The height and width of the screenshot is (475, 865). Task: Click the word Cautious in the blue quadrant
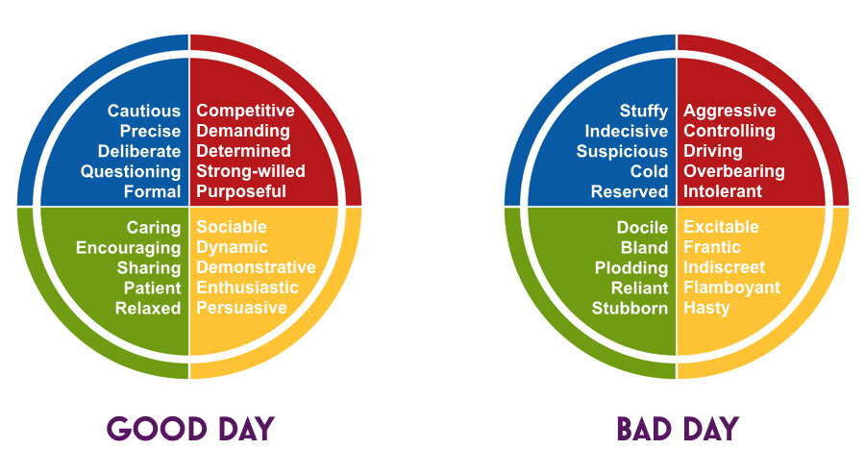[x=144, y=111]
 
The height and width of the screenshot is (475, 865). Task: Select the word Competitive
[x=245, y=111]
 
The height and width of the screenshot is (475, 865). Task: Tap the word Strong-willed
[x=251, y=171]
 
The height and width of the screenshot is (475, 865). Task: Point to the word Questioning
[x=131, y=171]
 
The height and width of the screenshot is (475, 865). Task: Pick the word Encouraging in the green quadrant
[x=129, y=248]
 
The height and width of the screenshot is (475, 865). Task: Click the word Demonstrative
[x=256, y=267]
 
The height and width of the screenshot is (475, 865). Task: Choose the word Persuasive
[x=241, y=308]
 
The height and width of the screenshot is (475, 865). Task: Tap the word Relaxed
[x=148, y=308]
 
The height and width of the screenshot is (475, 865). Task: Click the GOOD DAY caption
[x=190, y=429]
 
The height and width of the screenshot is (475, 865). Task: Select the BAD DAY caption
[x=678, y=429]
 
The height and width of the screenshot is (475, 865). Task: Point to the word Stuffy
[x=644, y=111]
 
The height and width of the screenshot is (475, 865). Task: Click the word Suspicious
[x=622, y=151]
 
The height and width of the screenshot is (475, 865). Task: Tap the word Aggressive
[x=729, y=111]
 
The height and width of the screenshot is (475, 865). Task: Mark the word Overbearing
[x=734, y=171]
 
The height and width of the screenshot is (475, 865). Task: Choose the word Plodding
[x=631, y=268]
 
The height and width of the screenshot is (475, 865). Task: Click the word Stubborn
[x=630, y=308]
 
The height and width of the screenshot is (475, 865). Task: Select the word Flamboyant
[x=732, y=287]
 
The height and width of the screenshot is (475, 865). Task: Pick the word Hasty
[x=706, y=308]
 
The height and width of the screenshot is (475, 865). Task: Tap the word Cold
[x=650, y=171]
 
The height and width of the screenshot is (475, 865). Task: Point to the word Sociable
[x=232, y=227]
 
